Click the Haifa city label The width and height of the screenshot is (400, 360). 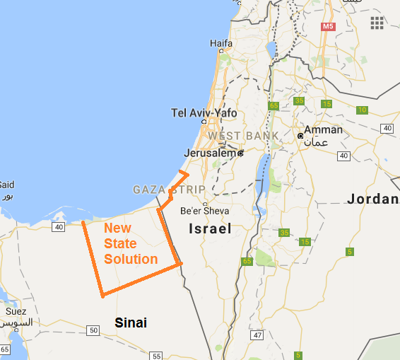221,43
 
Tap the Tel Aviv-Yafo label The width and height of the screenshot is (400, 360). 204,113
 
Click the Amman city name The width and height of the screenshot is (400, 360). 323,129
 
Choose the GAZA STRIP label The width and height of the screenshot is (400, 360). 169,190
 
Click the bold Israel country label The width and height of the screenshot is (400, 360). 210,229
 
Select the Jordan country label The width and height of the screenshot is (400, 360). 372,199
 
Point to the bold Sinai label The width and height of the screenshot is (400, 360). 131,323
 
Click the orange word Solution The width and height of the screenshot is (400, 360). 131,260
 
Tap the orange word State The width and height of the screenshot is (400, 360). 120,244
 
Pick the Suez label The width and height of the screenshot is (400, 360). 16,310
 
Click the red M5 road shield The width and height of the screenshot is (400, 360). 328,27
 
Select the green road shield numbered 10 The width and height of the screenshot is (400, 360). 363,110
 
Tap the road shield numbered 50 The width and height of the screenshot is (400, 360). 93,330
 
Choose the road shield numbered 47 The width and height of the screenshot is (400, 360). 257,335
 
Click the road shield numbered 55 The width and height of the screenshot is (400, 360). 157,356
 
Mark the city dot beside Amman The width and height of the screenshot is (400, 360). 300,135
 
